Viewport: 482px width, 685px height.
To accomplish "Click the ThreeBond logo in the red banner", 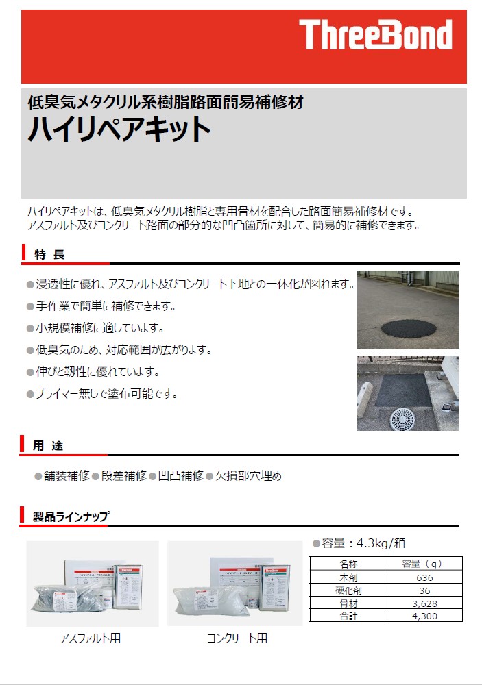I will click(376, 35).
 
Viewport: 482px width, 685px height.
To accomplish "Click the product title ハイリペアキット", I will click(119, 129).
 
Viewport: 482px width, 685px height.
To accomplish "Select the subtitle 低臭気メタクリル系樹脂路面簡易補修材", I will click(165, 103).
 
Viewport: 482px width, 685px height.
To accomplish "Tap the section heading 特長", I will click(49, 255).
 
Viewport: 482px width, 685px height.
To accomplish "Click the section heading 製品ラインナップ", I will click(71, 517).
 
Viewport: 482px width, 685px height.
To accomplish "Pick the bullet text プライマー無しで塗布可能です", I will click(106, 394).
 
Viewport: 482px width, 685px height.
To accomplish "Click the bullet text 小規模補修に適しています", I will click(99, 328).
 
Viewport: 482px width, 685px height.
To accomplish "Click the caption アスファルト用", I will click(91, 638).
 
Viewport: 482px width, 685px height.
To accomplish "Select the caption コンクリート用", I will click(237, 638).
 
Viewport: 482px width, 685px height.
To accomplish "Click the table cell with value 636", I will click(424, 577).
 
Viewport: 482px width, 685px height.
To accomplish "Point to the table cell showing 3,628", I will click(424, 603).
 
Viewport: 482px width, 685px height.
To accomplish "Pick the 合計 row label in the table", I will click(348, 616).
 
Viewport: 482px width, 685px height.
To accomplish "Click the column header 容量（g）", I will click(424, 564).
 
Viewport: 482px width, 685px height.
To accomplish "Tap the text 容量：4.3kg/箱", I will click(363, 544).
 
